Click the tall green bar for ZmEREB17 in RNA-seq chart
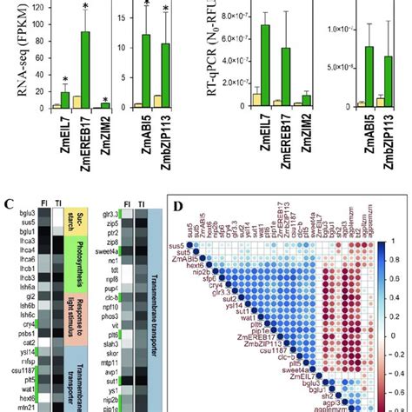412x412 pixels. click(85, 70)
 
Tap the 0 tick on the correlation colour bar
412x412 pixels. click(393, 335)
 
